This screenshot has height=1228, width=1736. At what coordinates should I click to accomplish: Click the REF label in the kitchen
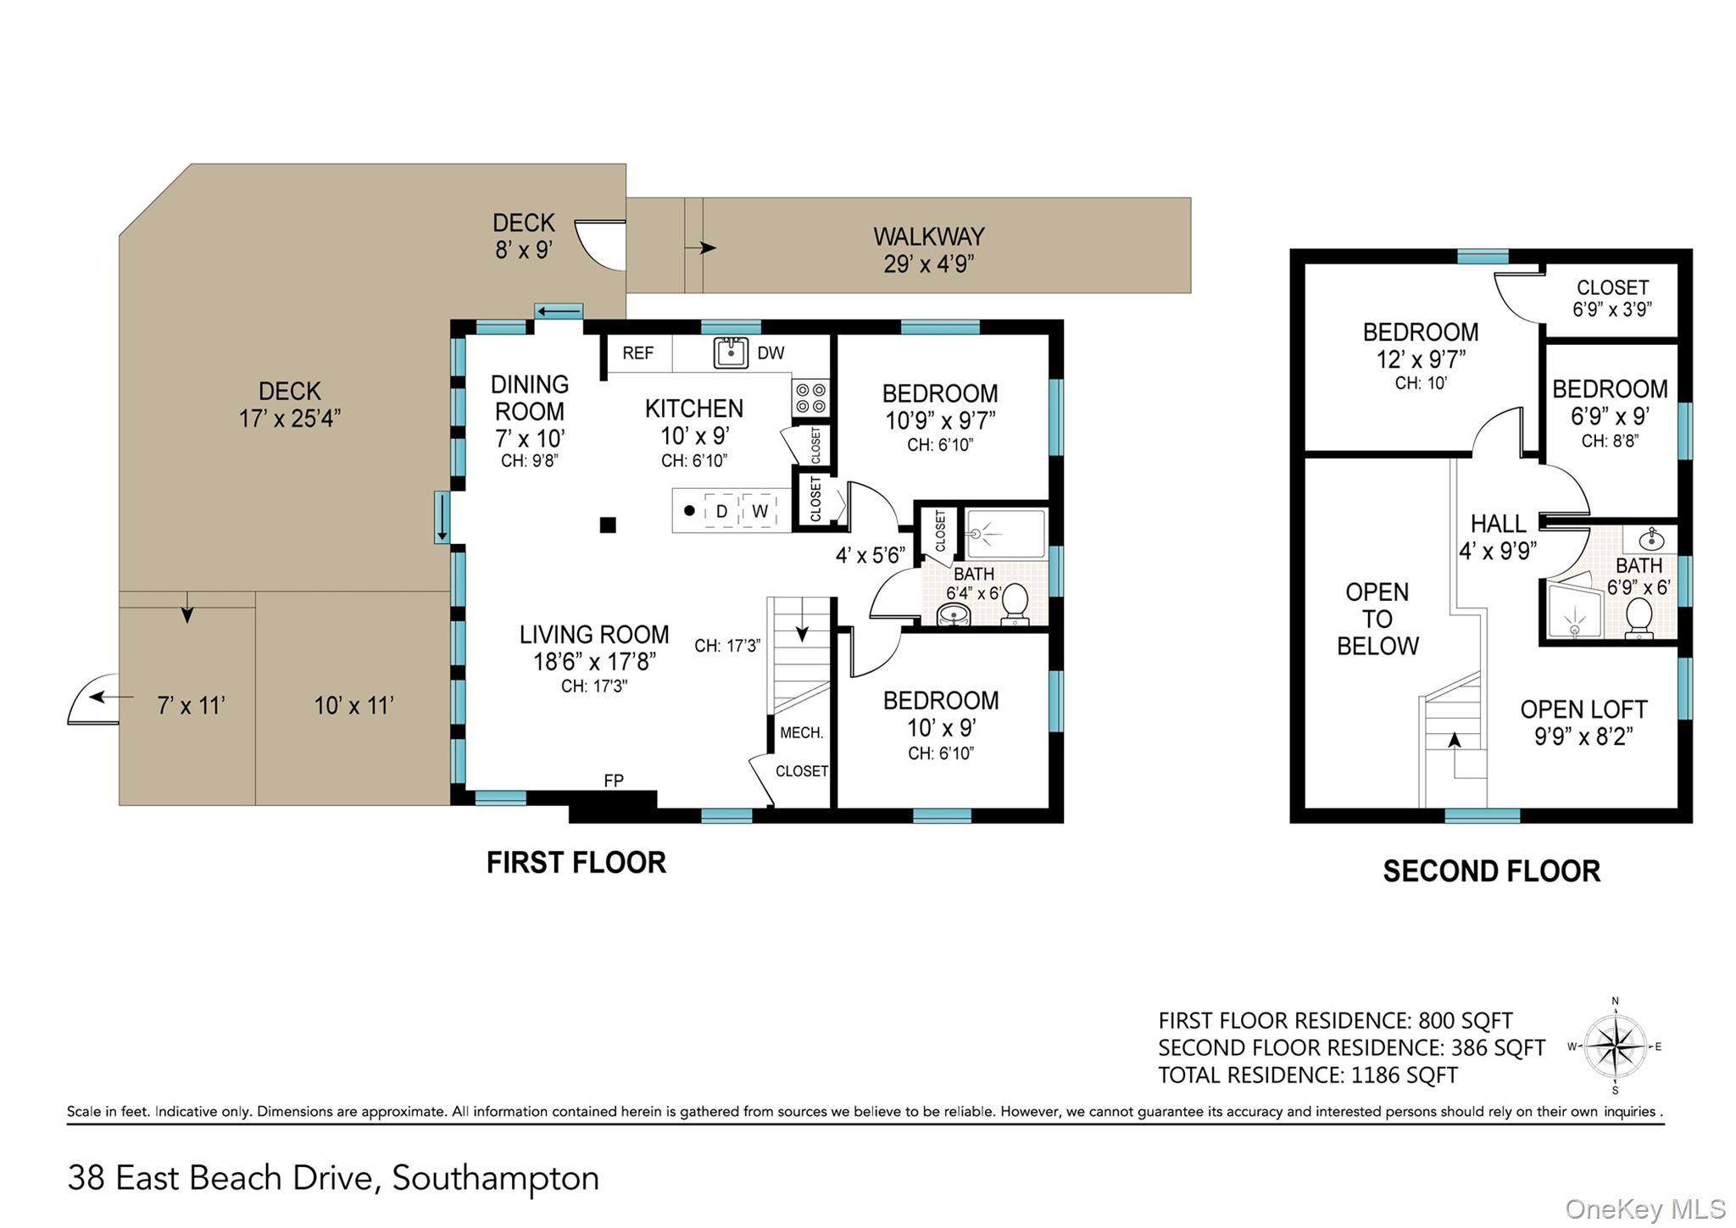point(637,353)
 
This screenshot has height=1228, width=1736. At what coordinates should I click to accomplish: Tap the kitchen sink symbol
point(731,353)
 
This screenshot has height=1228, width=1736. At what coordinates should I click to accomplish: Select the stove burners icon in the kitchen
point(810,398)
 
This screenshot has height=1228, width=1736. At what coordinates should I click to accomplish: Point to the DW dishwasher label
point(771,353)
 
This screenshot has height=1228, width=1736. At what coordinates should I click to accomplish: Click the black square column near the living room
point(608,525)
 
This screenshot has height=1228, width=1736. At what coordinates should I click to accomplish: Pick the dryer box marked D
point(721,511)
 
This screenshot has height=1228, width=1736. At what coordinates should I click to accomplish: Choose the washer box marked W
point(759,511)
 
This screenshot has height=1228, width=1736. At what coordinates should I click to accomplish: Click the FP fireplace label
point(614,781)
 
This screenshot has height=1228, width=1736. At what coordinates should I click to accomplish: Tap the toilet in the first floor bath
point(1015,603)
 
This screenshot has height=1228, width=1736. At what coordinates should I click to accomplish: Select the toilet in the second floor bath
point(1639,618)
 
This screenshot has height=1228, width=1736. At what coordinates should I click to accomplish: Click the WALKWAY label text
point(929,236)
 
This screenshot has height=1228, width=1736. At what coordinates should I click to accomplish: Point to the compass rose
point(1616,1047)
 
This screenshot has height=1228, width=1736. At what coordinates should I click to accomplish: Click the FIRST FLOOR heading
point(576,863)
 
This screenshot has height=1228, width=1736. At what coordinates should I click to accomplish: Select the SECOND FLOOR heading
point(1492,871)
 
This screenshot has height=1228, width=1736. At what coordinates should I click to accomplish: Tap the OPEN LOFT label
point(1583,709)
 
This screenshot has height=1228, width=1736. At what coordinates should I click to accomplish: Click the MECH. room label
point(801,733)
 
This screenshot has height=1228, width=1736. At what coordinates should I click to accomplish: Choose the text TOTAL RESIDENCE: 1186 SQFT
point(1308,1075)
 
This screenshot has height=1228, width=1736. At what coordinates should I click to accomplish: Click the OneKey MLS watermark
point(1645,1209)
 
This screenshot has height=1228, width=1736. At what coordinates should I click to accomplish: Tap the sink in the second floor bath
point(1651,538)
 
